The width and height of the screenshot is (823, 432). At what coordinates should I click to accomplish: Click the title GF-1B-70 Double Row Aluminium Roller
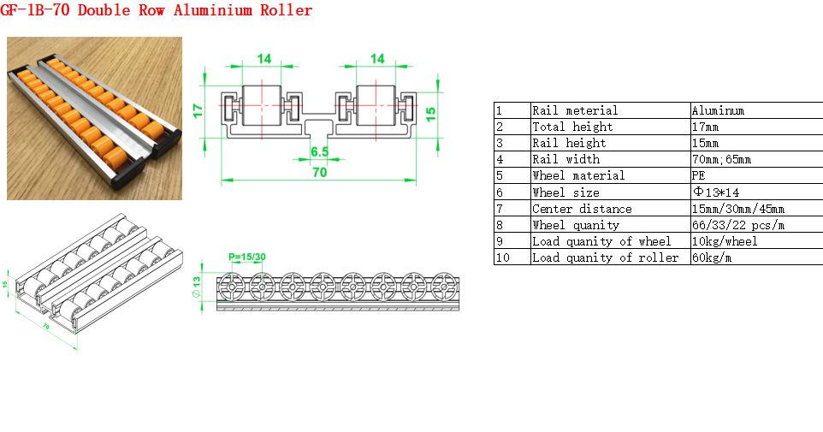click(156, 10)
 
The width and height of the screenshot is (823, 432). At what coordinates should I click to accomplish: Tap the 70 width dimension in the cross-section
click(319, 172)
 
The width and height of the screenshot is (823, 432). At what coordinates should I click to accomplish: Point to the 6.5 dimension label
click(319, 151)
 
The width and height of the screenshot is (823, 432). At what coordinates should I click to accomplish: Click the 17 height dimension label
click(198, 110)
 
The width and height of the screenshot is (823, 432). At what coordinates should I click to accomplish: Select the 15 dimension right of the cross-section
click(430, 114)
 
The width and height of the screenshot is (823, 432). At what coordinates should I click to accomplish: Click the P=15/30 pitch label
click(247, 257)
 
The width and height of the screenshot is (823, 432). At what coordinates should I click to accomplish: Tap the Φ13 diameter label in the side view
click(196, 287)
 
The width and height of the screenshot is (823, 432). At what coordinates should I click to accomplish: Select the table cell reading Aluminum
click(718, 110)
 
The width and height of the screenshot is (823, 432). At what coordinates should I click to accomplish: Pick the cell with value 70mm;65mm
click(721, 159)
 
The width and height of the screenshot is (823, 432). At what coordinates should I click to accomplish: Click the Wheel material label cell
click(578, 175)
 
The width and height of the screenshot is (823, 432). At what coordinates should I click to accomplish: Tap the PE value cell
click(698, 175)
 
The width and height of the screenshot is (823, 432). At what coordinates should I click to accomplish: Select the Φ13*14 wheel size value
click(716, 192)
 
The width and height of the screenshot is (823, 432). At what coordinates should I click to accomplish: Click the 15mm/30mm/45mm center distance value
click(738, 209)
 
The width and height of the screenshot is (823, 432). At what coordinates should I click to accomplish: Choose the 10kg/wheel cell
click(725, 241)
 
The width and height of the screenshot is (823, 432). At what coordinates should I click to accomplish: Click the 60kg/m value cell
click(712, 257)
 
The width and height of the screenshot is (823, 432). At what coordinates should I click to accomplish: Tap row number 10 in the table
click(502, 257)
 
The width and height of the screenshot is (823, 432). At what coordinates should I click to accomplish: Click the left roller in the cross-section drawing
click(262, 105)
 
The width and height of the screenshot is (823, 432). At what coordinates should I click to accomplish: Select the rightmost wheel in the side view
click(444, 287)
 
